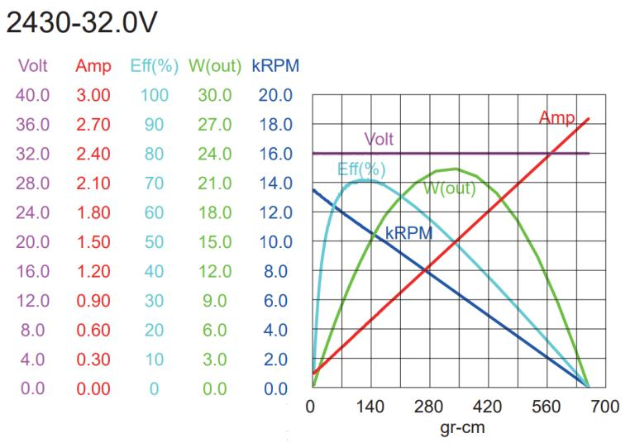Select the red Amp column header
click(93, 65)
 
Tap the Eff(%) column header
click(152, 65)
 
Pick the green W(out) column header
click(214, 65)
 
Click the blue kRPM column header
click(275, 65)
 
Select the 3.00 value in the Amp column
click(93, 95)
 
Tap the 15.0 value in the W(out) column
click(214, 242)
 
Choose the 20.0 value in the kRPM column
click(275, 95)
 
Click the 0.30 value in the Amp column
click(93, 360)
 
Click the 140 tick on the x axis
click(370, 407)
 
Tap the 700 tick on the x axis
click(605, 407)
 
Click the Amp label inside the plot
click(556, 118)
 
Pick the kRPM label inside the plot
click(408, 233)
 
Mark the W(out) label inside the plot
click(449, 188)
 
